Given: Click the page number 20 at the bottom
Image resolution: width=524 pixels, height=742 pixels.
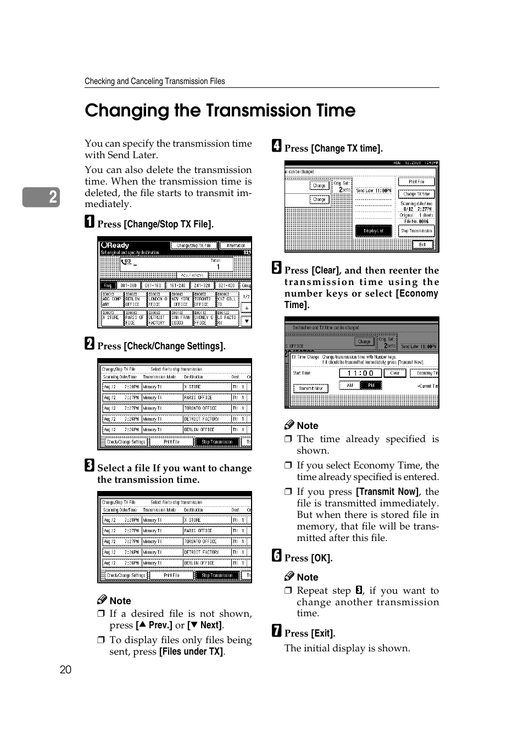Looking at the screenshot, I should click(x=65, y=670).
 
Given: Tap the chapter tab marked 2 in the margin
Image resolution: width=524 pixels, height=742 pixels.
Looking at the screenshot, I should click(x=41, y=197).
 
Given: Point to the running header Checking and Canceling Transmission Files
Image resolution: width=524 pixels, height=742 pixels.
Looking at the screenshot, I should click(x=154, y=81).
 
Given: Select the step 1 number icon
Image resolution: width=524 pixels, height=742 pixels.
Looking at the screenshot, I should click(x=90, y=222).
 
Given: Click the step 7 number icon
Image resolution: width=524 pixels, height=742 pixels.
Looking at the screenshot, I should click(x=277, y=631).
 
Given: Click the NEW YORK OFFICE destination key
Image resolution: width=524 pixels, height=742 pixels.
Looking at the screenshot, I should click(x=181, y=302).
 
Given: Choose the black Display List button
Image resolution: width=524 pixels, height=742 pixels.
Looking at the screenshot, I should click(x=374, y=231).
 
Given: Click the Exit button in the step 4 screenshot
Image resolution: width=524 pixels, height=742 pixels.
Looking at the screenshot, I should click(x=422, y=245).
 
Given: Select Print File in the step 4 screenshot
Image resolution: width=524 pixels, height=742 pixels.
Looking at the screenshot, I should click(x=416, y=182).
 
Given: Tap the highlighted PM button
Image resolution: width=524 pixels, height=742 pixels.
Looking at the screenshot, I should click(x=371, y=386).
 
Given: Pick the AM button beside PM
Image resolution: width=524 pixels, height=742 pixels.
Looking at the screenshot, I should click(x=349, y=386).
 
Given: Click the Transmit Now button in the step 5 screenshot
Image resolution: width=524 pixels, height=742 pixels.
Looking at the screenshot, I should click(x=311, y=388).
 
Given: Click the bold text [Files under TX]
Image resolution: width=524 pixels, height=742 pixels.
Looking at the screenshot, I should click(x=191, y=651).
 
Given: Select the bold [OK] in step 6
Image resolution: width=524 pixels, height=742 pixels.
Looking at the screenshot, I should click(x=321, y=558).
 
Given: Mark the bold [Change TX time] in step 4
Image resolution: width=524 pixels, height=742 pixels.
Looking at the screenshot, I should click(x=347, y=148).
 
